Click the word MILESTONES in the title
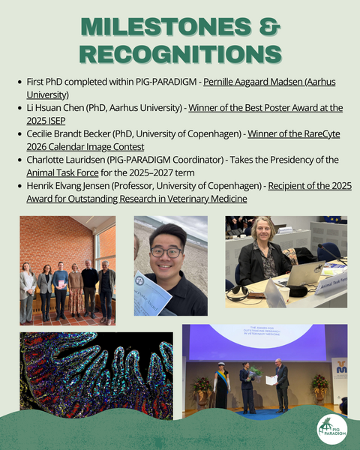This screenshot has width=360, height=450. [x=166, y=26]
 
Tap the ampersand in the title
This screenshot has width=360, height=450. [x=269, y=26]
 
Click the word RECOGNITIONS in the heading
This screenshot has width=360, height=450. [x=180, y=54]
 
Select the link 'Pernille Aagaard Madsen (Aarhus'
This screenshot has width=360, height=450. [x=269, y=82]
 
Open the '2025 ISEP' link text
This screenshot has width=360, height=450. [x=46, y=121]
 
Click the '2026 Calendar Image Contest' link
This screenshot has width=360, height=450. [x=85, y=147]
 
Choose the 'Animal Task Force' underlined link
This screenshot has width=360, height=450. [x=62, y=172]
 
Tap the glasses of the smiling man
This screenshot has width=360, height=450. [x=166, y=253]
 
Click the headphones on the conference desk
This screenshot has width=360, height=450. [x=238, y=293]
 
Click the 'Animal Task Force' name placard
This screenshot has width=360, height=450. [x=331, y=283]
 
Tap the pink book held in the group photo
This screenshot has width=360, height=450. [x=61, y=284]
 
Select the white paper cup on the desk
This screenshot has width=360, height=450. [x=284, y=295]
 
